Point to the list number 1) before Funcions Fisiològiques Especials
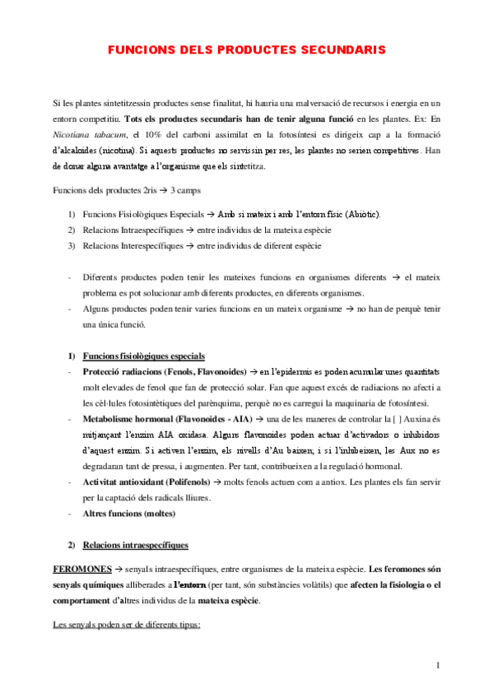[72, 215]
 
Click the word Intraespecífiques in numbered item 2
[135, 230]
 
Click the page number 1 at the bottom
[440, 664]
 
